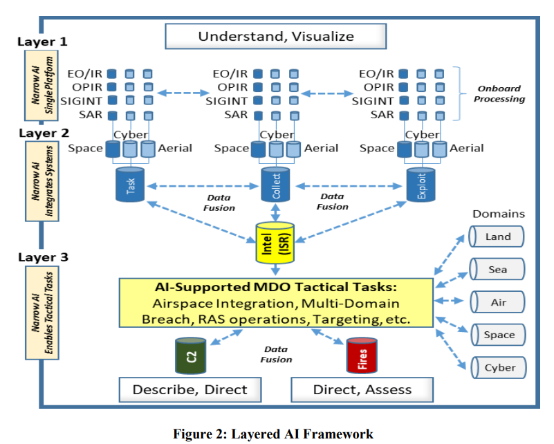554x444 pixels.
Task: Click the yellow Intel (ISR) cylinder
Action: [275, 243]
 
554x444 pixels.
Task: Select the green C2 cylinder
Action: [190, 355]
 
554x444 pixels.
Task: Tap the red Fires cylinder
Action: [362, 355]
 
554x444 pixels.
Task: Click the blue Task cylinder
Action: [130, 185]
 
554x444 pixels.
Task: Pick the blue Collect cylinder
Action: [275, 185]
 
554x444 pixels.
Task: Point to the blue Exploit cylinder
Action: [421, 185]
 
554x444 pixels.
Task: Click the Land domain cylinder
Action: [496, 237]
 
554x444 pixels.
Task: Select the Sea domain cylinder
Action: [497, 269]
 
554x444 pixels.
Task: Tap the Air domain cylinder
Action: [497, 302]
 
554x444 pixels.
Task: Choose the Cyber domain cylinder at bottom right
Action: [499, 368]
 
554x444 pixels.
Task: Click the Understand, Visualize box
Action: [275, 36]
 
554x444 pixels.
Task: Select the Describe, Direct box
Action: [190, 389]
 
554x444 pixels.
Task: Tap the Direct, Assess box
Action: [362, 389]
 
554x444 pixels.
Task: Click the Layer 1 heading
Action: [42, 41]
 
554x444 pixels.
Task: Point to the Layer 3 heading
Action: [43, 257]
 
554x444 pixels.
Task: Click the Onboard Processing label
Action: [499, 93]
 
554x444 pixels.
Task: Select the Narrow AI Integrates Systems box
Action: [42, 181]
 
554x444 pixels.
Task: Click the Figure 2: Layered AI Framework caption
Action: [273, 434]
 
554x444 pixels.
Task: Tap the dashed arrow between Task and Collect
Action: [203, 186]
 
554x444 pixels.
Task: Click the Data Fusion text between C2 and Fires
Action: [276, 354]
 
